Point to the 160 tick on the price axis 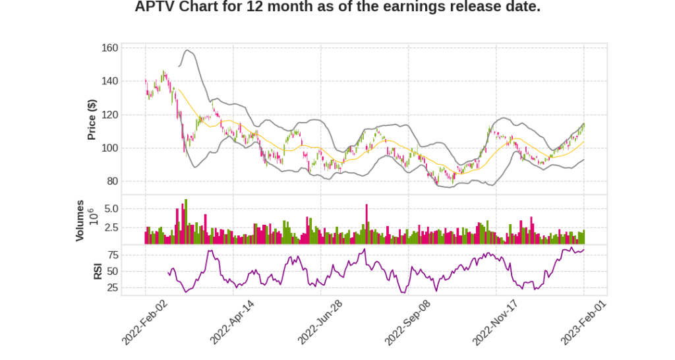click(110, 48)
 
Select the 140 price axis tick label click(110, 81)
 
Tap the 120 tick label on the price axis click(110, 115)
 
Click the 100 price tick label click(110, 148)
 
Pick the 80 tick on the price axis click(113, 181)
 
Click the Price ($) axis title click(92, 119)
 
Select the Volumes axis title click(80, 220)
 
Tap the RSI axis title click(98, 270)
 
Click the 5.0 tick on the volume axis click(111, 209)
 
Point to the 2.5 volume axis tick click(111, 228)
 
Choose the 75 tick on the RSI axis click(113, 255)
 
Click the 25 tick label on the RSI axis click(113, 287)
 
